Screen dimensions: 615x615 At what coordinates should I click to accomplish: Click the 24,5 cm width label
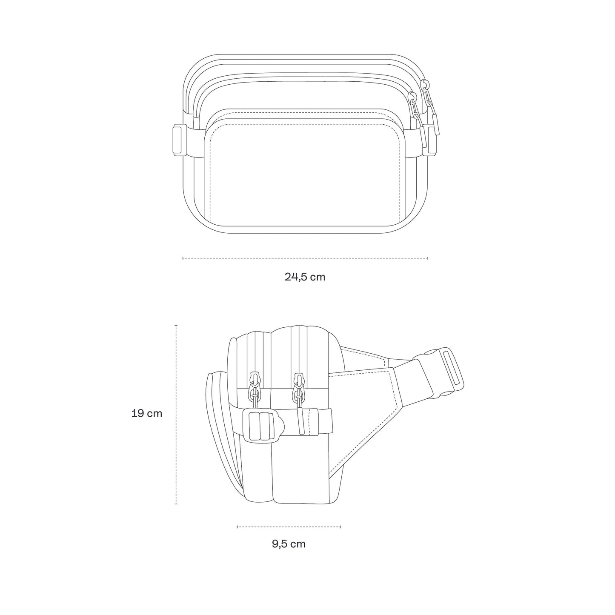pos(305,277)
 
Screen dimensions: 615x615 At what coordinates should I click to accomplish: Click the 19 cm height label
pos(147,413)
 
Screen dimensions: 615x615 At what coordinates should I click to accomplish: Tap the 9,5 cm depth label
pos(289,543)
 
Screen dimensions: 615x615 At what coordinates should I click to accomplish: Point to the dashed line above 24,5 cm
pos(305,258)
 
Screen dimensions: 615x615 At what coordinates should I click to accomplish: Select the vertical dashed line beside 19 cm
pos(176,415)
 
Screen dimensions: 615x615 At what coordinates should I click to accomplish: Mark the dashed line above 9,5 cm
pos(289,526)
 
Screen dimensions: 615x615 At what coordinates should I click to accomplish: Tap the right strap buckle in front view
pos(431,141)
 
